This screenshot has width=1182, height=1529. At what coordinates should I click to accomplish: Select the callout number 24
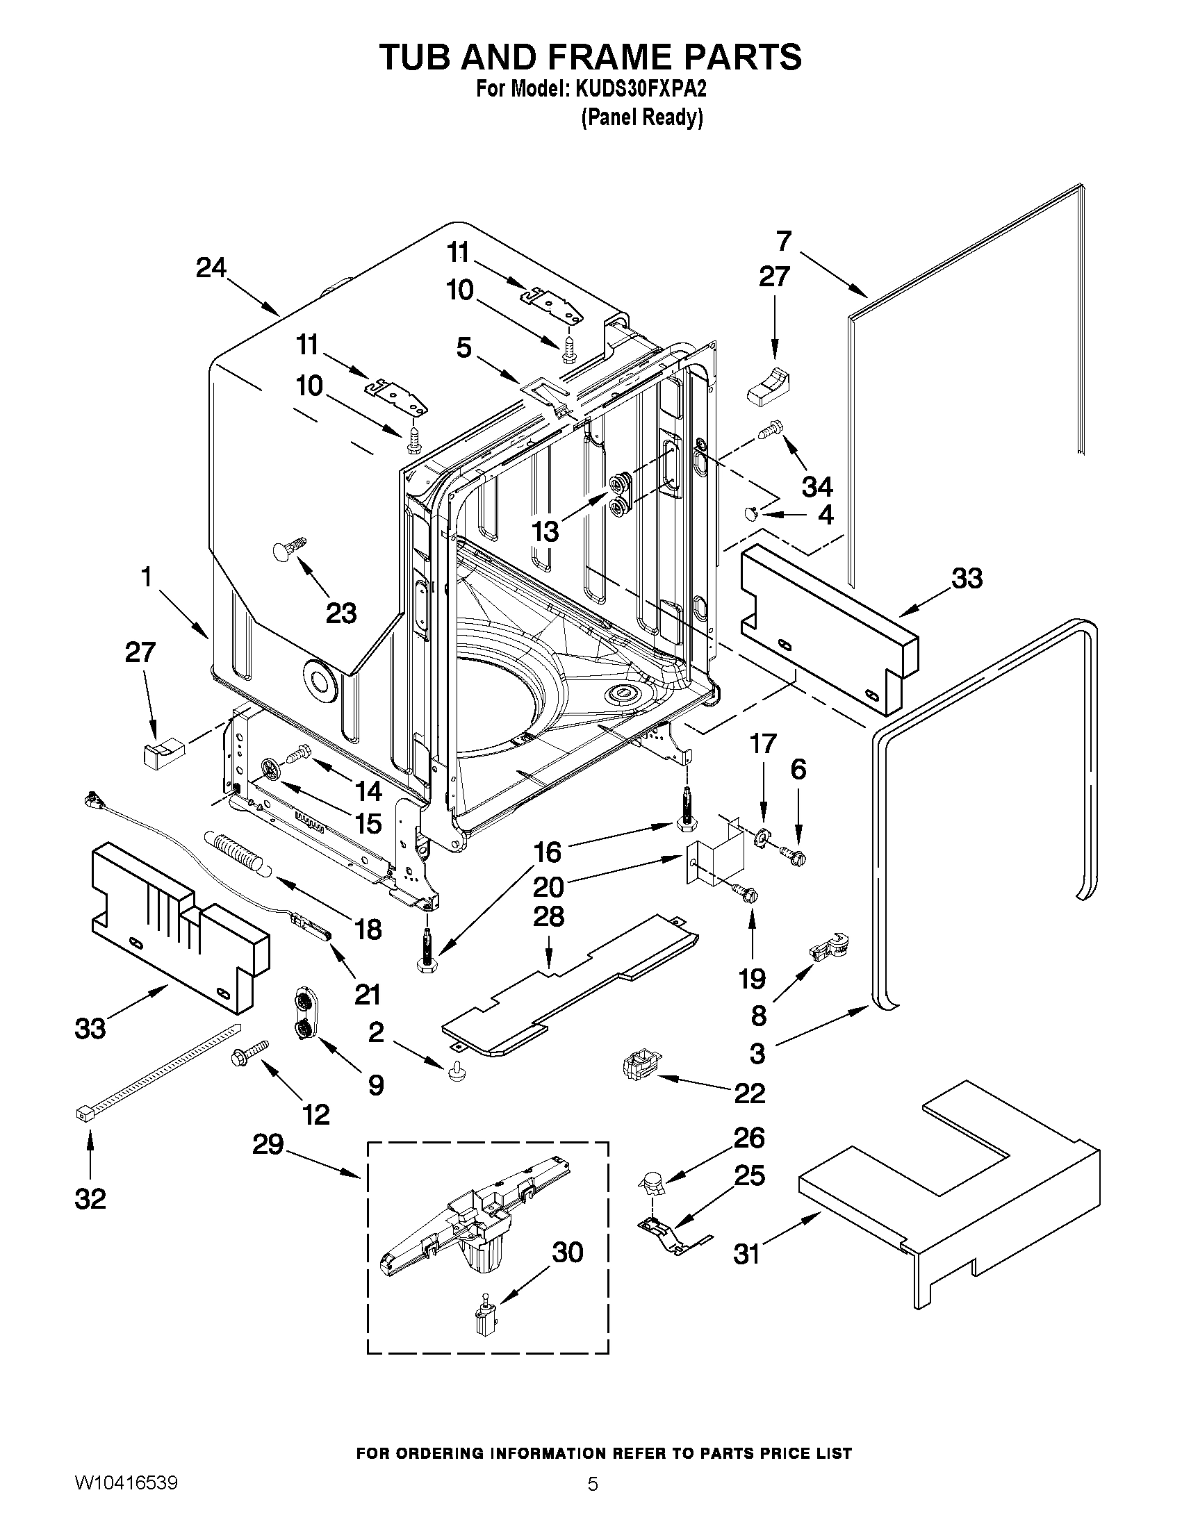pyautogui.click(x=211, y=268)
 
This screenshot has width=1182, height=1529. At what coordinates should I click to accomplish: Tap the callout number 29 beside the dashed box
pyautogui.click(x=268, y=1146)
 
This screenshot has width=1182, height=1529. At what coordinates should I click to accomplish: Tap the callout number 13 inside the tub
pyautogui.click(x=545, y=531)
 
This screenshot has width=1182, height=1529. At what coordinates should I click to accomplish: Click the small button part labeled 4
pyautogui.click(x=750, y=515)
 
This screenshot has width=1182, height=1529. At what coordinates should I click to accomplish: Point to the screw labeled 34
pyautogui.click(x=771, y=430)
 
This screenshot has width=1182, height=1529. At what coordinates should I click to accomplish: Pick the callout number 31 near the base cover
pyautogui.click(x=746, y=1254)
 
